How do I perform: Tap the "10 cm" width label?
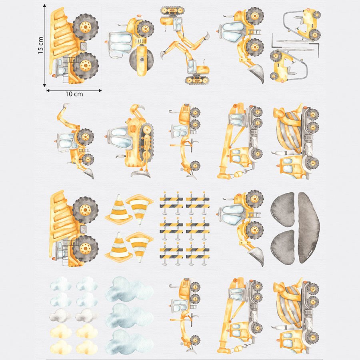coord(74,94)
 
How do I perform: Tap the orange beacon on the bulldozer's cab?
coord(107,136)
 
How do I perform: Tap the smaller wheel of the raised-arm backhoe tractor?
coord(88,160)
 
